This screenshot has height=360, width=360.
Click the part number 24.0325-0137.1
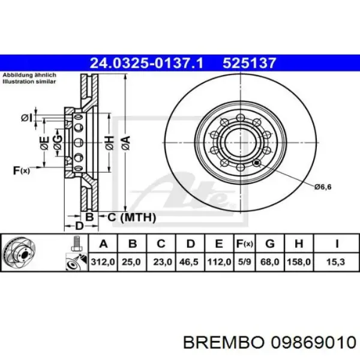[154, 61]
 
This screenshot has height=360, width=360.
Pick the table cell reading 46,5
[191, 262]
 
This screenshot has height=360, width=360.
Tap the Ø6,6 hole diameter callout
[323, 187]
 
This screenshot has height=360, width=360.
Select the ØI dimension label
[26, 118]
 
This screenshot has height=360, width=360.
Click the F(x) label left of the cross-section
[22, 171]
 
